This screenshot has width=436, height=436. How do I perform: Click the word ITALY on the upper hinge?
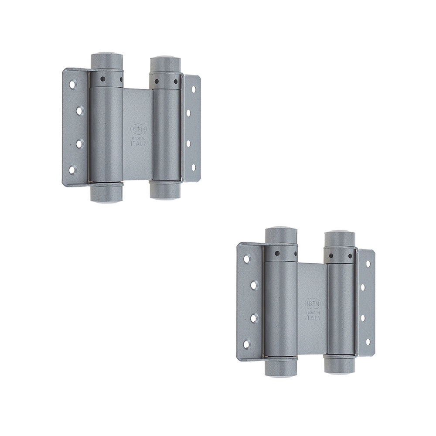coord(139,143)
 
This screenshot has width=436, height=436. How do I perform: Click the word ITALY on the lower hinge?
coord(313,318)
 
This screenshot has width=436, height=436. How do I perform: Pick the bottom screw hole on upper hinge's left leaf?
coord(72,170)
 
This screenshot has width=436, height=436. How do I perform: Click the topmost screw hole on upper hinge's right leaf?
coord(193,89)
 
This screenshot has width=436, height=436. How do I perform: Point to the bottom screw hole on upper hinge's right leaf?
coord(194,167)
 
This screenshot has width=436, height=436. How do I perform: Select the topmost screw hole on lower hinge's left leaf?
coord(247,259)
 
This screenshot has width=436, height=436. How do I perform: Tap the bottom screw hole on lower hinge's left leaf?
coord(247,344)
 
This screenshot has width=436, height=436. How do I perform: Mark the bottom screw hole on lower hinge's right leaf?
coord(368,341)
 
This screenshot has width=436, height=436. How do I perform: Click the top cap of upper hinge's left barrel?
coord(106,60)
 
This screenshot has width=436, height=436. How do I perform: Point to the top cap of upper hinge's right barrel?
coord(165,63)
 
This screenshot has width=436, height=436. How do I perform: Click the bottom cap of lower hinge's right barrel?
coord(340,366)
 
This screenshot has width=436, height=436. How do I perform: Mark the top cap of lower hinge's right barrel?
coord(340,238)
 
